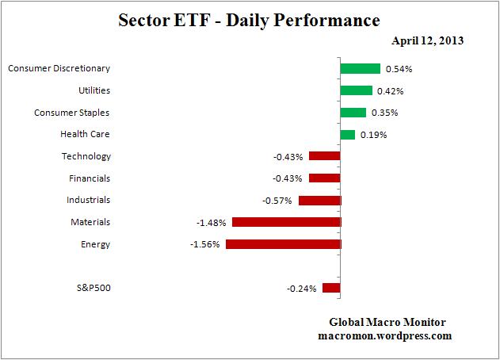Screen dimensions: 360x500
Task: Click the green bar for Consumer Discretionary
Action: (x=360, y=69)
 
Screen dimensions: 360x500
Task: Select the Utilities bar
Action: (x=356, y=90)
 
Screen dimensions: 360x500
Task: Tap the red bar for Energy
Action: (x=283, y=244)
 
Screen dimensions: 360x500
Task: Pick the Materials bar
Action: (x=286, y=222)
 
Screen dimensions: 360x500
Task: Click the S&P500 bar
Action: (x=331, y=288)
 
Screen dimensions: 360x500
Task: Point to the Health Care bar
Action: (x=347, y=135)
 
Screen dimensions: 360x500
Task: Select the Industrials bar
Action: (x=319, y=201)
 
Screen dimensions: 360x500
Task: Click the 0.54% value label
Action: (x=399, y=69)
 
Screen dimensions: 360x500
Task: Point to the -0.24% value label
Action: (x=302, y=289)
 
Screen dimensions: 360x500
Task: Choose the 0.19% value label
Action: (x=373, y=135)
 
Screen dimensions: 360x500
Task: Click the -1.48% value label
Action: (x=210, y=222)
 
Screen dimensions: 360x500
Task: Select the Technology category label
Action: (x=86, y=156)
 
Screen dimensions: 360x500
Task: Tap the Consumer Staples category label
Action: (x=71, y=113)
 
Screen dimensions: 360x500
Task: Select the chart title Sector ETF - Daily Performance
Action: (x=250, y=18)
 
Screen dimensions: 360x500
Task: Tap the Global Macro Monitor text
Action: (x=387, y=322)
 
